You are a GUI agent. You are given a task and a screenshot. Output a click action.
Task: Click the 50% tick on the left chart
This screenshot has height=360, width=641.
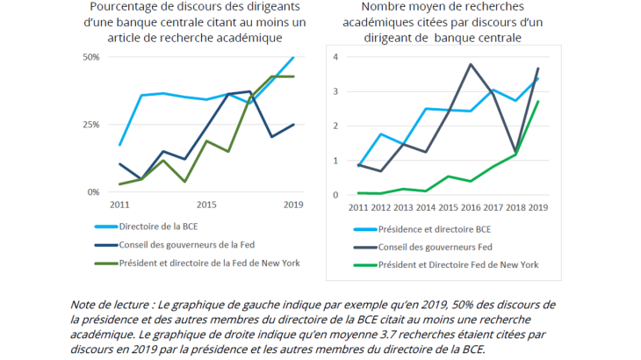(90, 57)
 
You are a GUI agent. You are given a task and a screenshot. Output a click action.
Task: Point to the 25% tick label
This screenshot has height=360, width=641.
(90, 125)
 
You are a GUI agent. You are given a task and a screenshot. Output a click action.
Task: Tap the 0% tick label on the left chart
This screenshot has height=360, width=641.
(93, 191)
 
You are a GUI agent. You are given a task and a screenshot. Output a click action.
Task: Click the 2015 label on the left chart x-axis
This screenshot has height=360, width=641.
(205, 205)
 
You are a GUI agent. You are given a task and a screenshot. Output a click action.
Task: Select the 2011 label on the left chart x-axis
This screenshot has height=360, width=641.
(119, 205)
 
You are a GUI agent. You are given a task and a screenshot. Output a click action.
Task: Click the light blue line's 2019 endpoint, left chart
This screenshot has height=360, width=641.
(293, 57)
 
